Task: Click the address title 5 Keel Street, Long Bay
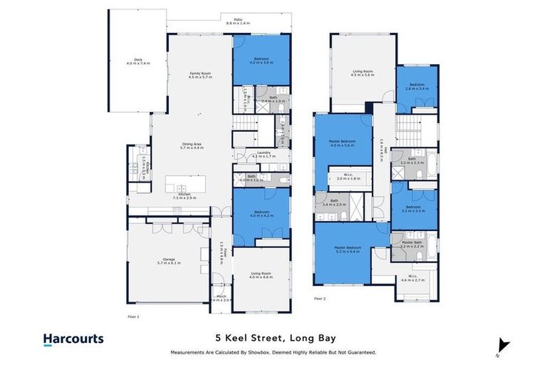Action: [273, 339]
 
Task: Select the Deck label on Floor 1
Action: [133, 61]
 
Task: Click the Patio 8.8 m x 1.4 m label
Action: [229, 22]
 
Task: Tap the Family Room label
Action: [199, 75]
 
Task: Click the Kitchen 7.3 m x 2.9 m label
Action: [184, 196]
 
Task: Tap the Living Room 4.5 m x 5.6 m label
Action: [363, 73]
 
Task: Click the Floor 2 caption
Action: [319, 299]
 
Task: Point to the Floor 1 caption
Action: [133, 315]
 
